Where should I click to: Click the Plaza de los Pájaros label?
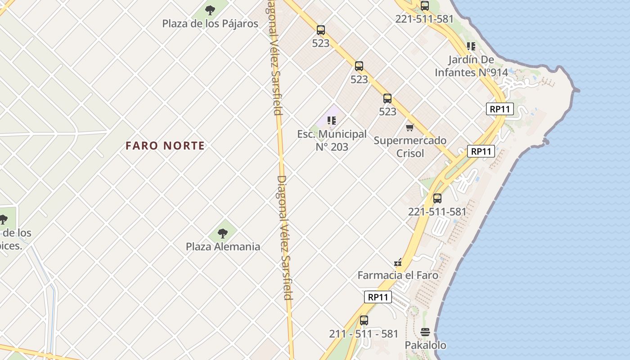(x=210, y=23)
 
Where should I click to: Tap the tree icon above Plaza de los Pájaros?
(x=210, y=9)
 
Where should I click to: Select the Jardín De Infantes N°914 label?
(x=471, y=66)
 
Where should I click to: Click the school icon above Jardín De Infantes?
(x=471, y=46)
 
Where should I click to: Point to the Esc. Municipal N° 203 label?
(x=332, y=140)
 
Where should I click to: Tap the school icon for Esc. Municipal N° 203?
(x=332, y=120)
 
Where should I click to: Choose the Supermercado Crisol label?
(x=410, y=147)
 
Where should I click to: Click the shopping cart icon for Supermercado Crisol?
(x=409, y=128)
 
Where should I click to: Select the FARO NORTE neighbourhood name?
(x=165, y=146)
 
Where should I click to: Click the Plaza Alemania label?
(x=223, y=247)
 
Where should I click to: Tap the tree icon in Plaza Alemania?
(x=222, y=233)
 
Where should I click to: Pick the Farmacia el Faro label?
(x=398, y=275)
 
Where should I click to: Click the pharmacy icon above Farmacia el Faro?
(x=398, y=262)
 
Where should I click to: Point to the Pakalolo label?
(x=425, y=345)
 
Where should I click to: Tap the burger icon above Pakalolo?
(x=425, y=332)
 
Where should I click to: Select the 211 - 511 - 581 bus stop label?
(x=364, y=334)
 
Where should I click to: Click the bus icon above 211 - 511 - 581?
(x=364, y=320)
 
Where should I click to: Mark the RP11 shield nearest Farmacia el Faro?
(x=378, y=297)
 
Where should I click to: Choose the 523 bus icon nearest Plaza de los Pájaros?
(x=320, y=30)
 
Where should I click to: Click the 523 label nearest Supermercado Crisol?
(x=387, y=111)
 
